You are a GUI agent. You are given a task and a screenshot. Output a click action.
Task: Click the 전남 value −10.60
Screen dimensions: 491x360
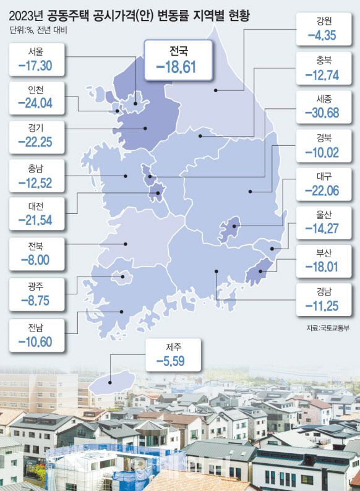coord(36,340)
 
